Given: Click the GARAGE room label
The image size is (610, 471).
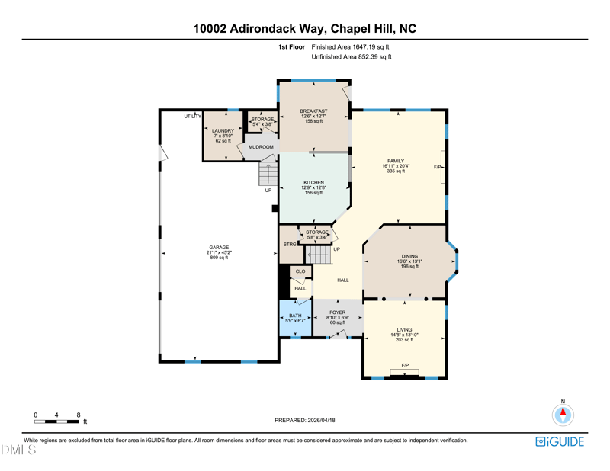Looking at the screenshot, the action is [x=219, y=248].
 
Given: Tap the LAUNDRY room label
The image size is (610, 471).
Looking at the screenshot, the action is [x=223, y=130].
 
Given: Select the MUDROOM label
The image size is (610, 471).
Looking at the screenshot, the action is [x=261, y=147].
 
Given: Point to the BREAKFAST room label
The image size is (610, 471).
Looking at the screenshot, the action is [x=313, y=111].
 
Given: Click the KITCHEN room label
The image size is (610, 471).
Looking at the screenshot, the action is [x=313, y=182].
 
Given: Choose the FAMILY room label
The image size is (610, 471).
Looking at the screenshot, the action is [x=396, y=161].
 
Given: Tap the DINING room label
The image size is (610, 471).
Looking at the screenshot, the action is [x=409, y=256].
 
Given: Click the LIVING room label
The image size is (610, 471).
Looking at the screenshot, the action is [x=404, y=330].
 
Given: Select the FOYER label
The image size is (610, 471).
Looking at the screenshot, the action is [x=337, y=312].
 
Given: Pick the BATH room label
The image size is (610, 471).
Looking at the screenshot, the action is [x=295, y=316].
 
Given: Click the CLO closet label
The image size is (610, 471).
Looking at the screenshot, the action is [x=300, y=271].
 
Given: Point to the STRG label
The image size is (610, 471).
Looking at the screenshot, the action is [x=290, y=244].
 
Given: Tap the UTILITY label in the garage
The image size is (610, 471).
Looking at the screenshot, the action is [x=193, y=117].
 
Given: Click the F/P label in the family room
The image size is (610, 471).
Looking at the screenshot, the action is [x=438, y=167].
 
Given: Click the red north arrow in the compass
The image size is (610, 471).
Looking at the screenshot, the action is [x=563, y=412].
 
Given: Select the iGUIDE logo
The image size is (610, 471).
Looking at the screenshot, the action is [x=560, y=441].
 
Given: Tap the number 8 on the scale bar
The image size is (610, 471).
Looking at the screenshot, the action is [x=79, y=415].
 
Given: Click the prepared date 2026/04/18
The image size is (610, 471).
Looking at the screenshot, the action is [x=321, y=420].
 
